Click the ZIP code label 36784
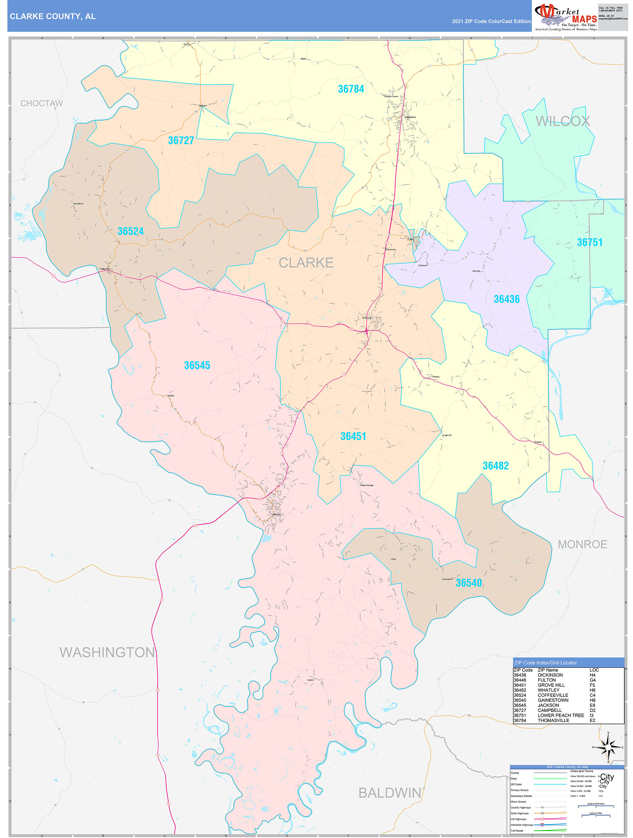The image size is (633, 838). tap(350, 89)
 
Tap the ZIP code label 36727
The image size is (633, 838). tap(181, 141)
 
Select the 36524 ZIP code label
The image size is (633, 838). tap(130, 231)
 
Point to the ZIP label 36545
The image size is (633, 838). tap(197, 365)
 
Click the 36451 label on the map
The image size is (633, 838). tap(353, 436)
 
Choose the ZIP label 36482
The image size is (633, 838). tap(495, 466)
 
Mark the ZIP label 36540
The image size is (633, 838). tap(469, 583)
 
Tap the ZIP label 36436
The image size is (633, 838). tap(506, 299)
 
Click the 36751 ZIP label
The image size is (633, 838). tap(589, 242)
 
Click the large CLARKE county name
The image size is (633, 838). tap(306, 263)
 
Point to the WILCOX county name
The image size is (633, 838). tap(562, 121)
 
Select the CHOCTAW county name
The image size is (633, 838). tap(42, 103)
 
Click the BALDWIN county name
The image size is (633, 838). tap(389, 793)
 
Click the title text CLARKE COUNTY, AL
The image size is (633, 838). tap(53, 16)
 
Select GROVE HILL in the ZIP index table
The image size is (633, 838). tap(551, 685)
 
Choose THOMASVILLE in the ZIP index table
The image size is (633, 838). tap(553, 720)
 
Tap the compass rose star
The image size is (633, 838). tap(608, 747)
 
